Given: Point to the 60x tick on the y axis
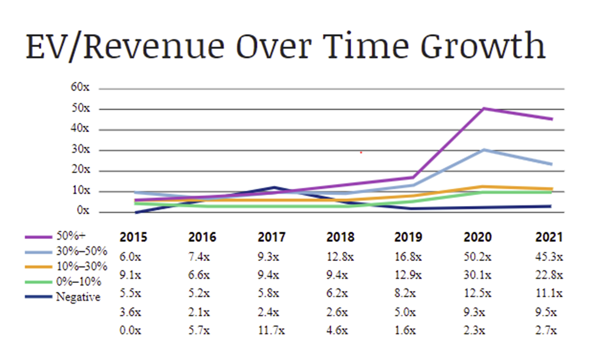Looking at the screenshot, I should (80, 88).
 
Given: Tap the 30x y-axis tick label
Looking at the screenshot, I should (80, 150).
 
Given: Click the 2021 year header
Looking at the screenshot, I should (548, 237).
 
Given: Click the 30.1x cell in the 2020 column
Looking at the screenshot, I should (478, 273).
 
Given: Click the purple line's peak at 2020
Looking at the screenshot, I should (484, 109).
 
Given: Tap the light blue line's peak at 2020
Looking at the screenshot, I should (484, 149).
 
